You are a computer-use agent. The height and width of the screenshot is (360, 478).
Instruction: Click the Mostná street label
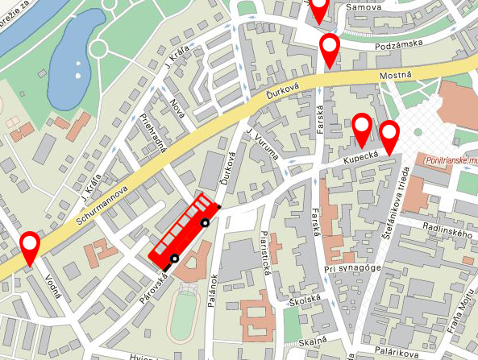pos(395,76)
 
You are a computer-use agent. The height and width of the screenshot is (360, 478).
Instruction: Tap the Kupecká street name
pos(360,162)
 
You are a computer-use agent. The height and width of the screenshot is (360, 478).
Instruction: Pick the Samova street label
pos(362,7)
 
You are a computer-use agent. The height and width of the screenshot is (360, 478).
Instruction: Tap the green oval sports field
pos(185,317)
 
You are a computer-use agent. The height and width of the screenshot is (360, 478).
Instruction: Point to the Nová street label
pos(178,109)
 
